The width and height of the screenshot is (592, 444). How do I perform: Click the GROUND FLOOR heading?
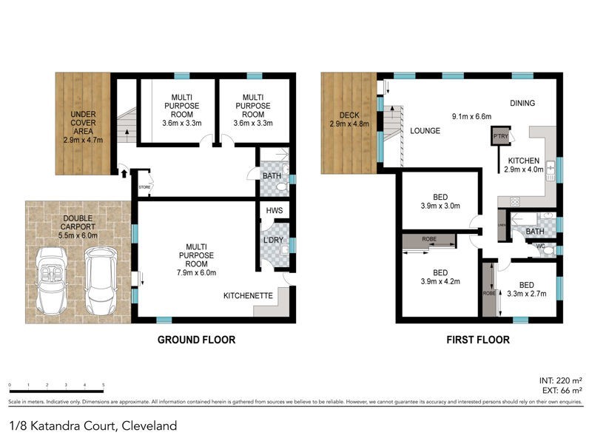click(196, 340)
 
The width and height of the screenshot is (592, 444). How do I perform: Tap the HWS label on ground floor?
click(275, 211)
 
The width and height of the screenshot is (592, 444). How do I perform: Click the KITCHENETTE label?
click(249, 295)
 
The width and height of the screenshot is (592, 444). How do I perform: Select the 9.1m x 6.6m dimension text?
click(472, 116)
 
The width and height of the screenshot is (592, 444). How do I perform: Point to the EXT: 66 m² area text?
click(562, 390)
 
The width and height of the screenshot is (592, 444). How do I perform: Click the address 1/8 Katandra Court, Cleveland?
click(92, 426)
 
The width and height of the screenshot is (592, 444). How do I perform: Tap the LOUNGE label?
click(425, 131)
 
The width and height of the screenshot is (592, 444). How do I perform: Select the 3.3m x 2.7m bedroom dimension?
click(527, 294)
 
